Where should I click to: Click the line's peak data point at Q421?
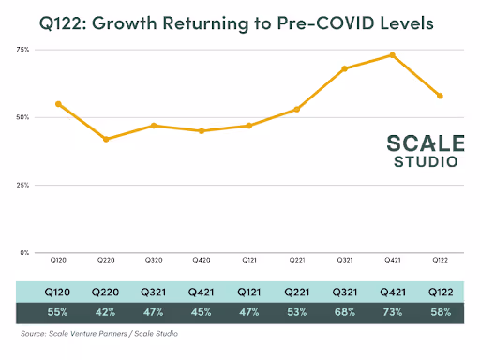[392, 55]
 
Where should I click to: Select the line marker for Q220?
[106, 139]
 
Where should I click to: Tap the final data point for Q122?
[440, 96]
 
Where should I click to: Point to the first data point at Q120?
[58, 103]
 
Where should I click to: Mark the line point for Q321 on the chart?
[344, 68]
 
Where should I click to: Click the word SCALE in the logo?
[426, 143]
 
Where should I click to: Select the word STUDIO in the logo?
[426, 161]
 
